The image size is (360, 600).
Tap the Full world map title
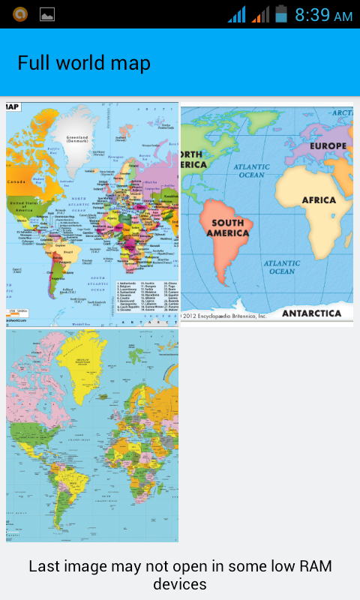click(x=84, y=63)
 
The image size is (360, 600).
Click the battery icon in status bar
click(x=281, y=14)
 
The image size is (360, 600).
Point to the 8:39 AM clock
click(x=323, y=15)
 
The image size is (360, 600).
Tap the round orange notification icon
click(x=20, y=14)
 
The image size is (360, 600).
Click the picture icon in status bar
click(x=47, y=14)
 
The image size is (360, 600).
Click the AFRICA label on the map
click(x=319, y=200)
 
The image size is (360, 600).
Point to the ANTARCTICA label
click(x=316, y=313)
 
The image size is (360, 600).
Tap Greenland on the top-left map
click(x=78, y=141)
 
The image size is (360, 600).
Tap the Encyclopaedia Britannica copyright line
click(x=225, y=316)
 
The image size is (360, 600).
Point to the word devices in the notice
click(x=180, y=583)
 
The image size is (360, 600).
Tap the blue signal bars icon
click(x=237, y=14)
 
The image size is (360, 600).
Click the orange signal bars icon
click(x=260, y=14)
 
